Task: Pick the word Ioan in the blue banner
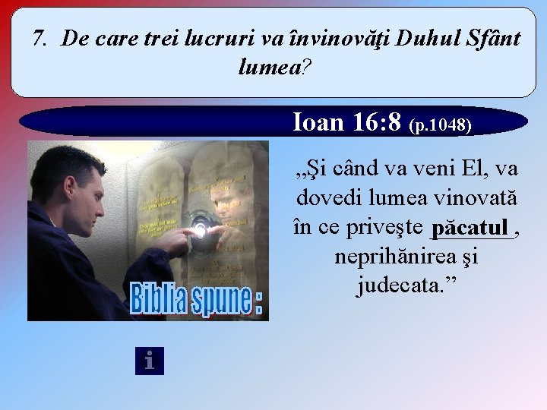(x=320, y=121)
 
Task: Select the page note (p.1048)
(x=441, y=124)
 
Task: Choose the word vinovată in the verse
(x=475, y=197)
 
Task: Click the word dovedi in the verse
(x=330, y=197)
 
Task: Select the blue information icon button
(x=149, y=361)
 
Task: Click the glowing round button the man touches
(x=201, y=229)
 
